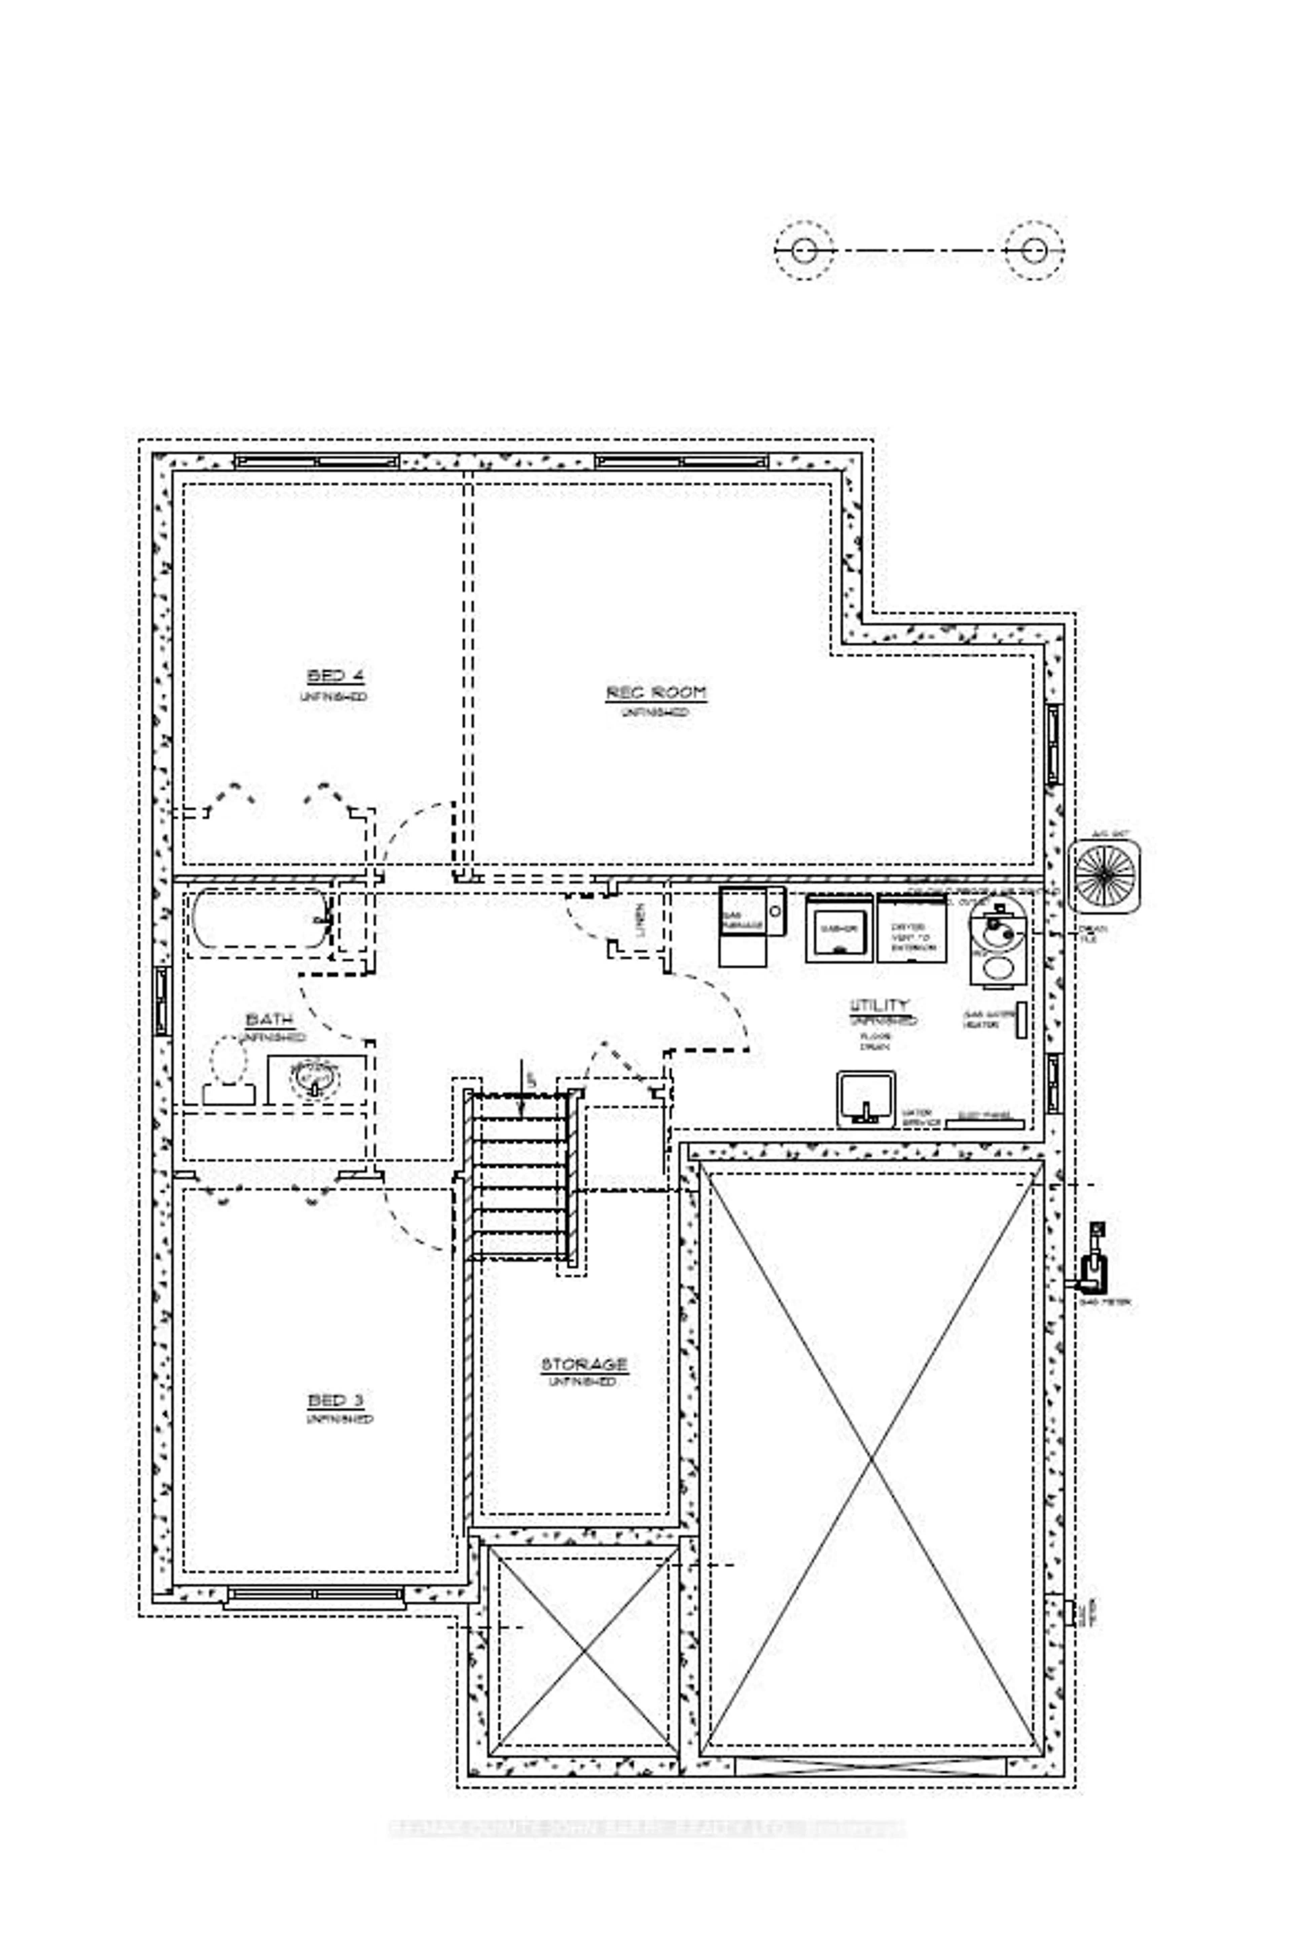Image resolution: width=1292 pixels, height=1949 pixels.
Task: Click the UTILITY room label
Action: (879, 1005)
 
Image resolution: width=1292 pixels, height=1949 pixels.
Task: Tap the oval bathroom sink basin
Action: (314, 1075)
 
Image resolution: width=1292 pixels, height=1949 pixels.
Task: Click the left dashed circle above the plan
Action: (804, 250)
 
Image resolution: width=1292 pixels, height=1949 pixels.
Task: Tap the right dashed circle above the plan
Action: (1034, 250)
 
